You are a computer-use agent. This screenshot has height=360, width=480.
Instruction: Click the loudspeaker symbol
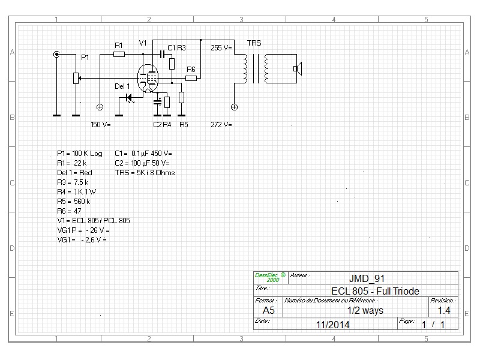pos(296,68)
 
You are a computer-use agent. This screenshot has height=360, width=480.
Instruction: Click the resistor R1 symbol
pos(119,54)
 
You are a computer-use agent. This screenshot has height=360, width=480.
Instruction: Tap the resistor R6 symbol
pos(191,78)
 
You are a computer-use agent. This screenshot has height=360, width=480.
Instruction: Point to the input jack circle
pos(56,54)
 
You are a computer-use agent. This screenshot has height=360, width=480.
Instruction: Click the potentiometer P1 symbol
pos(76,78)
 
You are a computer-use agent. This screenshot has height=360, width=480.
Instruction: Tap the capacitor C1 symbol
pos(162,54)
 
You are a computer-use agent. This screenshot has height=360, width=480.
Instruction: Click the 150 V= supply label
pos(101,125)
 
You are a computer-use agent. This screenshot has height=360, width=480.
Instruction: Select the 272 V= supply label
pos(221,125)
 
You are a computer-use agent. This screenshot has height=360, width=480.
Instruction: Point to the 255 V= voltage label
pos(221,47)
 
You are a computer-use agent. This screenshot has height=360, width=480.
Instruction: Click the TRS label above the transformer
pos(254,43)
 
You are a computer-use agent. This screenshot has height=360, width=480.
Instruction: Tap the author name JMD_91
pos(367,278)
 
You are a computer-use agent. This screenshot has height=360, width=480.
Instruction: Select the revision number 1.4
pos(443,310)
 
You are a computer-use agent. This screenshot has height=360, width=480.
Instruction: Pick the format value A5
pos(268,310)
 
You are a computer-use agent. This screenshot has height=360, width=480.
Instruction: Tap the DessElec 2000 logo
pos(269,277)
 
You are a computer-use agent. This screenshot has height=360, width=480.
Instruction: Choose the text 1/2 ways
pos(365,310)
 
